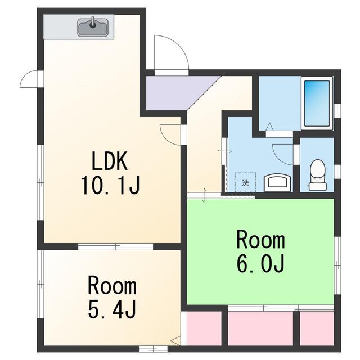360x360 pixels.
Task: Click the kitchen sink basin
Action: tap(93, 28)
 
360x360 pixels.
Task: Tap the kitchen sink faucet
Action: tap(93, 22)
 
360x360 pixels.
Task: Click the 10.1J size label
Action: tap(110, 185)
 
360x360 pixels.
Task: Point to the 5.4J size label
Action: tap(112, 309)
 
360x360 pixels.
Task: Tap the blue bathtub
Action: tap(317, 103)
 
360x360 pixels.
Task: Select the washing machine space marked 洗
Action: tap(245, 182)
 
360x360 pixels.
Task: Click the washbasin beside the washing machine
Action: tap(278, 183)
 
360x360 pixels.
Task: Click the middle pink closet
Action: tap(260, 328)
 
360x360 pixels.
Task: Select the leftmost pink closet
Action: tap(204, 328)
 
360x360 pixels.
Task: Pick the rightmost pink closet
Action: tap(317, 328)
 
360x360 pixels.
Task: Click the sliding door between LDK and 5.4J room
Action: tap(115, 246)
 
